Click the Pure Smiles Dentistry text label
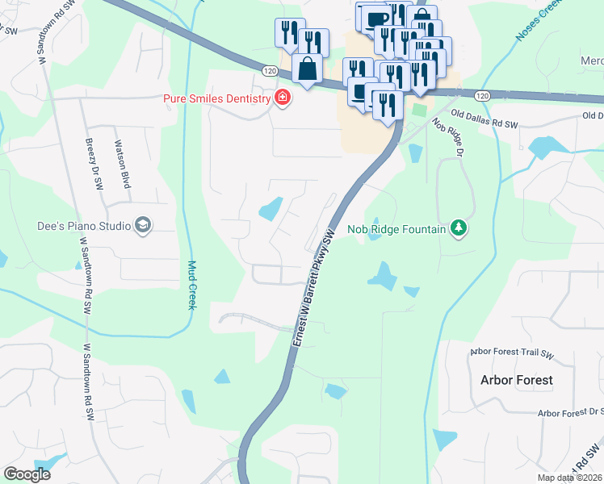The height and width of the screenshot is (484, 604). pos(215,98)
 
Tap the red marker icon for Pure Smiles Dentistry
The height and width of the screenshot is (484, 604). pos(282,98)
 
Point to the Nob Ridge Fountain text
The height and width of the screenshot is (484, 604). pos(396,229)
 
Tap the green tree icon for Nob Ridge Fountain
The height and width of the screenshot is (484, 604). pos(459,229)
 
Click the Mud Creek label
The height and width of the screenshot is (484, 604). pos(192,284)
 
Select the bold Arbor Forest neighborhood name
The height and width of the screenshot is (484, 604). pos(517,379)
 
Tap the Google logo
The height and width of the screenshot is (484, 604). pos(27,474)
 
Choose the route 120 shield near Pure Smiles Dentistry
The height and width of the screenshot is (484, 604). pos(269,72)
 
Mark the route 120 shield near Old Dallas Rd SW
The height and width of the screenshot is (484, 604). pos(482,95)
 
